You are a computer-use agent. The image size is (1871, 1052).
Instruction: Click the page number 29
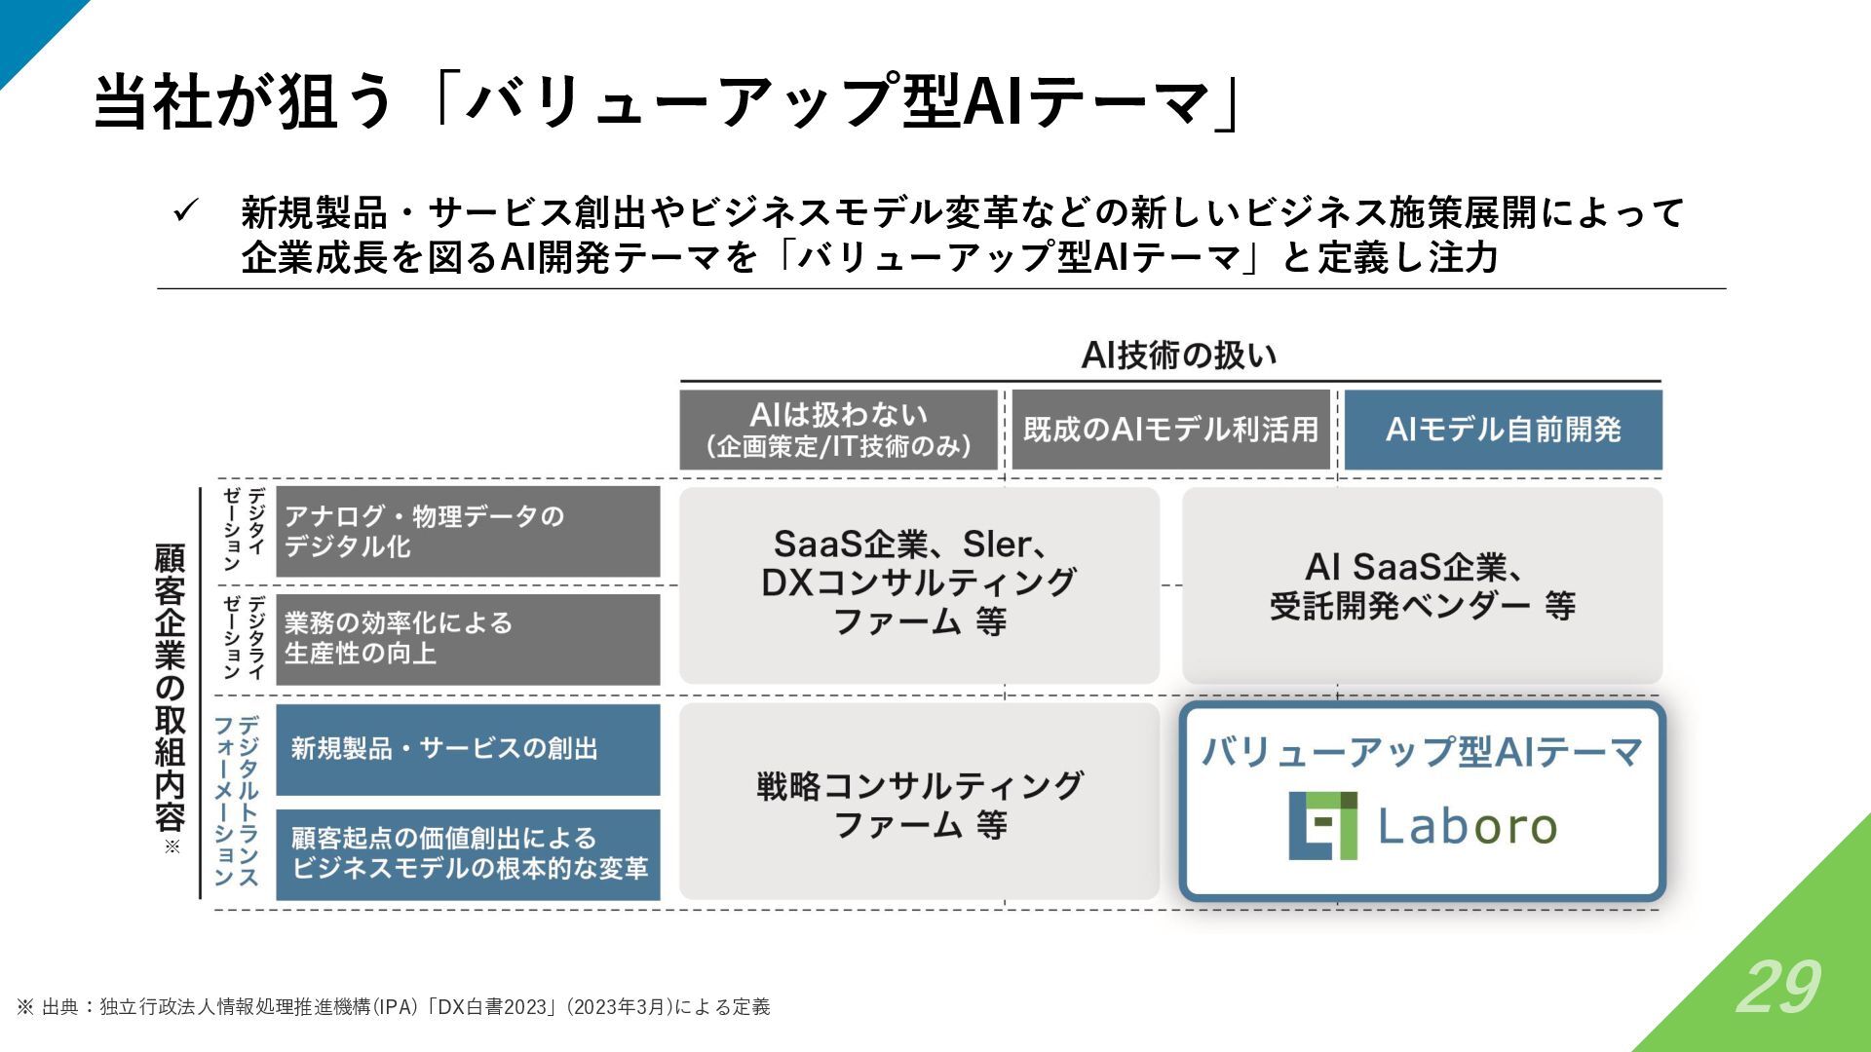pos(1777,987)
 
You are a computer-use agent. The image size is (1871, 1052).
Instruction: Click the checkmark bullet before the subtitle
pos(185,211)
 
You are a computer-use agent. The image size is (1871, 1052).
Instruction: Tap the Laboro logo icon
pos(1322,826)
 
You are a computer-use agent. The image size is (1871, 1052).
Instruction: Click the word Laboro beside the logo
pos(1467,827)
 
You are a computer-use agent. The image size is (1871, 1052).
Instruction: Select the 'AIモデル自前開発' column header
pos(1503,430)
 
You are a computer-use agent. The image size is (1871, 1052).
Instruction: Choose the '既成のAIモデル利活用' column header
pos(1170,430)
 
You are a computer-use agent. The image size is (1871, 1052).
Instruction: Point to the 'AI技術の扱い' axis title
pos(1178,356)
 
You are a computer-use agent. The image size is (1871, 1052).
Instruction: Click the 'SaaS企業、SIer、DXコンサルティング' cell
pos(919,583)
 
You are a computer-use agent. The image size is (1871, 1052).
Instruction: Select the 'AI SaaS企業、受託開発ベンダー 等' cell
pos(1422,585)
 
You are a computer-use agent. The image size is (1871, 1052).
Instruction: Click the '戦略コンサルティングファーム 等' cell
pos(919,804)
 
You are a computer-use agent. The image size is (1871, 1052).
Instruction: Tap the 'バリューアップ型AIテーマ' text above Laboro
pos(1422,752)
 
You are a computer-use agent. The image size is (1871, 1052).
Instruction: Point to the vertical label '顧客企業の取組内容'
pos(170,688)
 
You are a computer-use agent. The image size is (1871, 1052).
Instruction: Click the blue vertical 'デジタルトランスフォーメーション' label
pos(237,801)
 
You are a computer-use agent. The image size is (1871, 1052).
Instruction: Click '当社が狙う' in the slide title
pos(244,101)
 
